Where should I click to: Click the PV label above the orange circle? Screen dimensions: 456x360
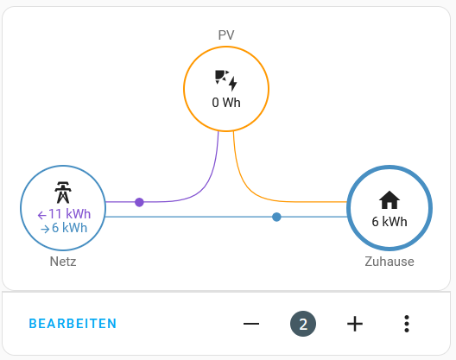pos(226,35)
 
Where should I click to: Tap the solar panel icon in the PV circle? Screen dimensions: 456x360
pos(226,80)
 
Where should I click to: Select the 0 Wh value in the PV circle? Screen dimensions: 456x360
pos(226,103)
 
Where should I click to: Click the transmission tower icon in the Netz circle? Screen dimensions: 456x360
pos(63,193)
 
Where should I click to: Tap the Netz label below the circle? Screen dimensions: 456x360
pos(63,262)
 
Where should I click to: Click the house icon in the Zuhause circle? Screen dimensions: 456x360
pos(389,199)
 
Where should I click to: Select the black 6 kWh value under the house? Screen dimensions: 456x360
pos(389,222)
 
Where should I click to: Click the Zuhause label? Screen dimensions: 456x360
pos(389,262)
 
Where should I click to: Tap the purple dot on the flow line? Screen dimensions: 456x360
pos(139,202)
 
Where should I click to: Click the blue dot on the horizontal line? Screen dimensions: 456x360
pos(276,217)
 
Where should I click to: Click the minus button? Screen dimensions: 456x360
pos(251,324)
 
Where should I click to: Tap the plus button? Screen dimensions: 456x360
pos(355,324)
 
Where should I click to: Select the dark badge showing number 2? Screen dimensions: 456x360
pos(303,324)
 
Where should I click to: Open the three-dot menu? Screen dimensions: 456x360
pos(407,324)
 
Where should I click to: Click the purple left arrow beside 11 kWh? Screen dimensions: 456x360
pos(41,215)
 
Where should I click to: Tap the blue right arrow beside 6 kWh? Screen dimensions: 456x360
pos(45,229)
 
